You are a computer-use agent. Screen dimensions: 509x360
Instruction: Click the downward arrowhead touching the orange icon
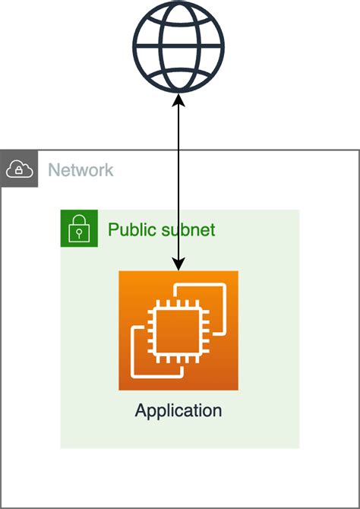click(178, 264)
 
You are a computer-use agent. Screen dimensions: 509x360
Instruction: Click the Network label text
click(81, 169)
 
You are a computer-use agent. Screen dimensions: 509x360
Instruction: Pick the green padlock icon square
click(79, 228)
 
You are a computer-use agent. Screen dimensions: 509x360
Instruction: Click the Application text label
click(178, 411)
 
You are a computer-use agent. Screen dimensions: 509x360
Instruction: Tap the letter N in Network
click(54, 169)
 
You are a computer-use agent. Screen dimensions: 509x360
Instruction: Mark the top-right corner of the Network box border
click(358, 150)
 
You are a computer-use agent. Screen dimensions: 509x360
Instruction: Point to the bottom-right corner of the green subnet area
click(298, 447)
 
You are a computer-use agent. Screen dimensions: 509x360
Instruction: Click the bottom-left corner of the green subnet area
click(62, 447)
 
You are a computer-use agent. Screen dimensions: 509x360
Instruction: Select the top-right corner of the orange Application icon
click(237, 272)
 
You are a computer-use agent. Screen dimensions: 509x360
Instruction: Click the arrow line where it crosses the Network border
click(178, 150)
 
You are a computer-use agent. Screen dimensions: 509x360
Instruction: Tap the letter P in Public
click(113, 229)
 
